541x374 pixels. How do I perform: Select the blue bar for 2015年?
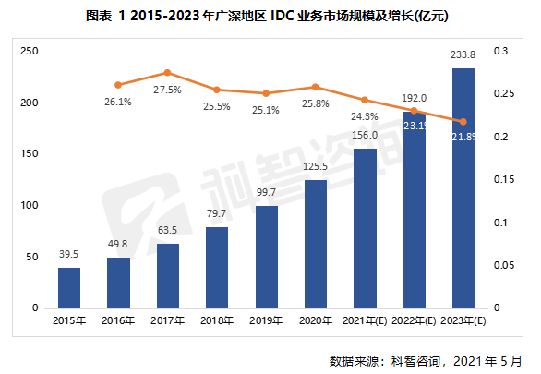coord(69,287)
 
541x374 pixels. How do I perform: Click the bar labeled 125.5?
coord(316,244)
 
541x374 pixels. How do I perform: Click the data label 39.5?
coord(69,254)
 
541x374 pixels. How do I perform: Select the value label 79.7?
coord(217,213)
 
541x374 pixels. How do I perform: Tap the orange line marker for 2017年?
coord(167,72)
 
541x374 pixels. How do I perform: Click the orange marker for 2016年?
coord(118,84)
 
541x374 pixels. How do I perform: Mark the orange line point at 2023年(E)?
coord(463,122)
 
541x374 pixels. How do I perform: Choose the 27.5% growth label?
coord(167,90)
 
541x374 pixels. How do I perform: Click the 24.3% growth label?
coord(365,116)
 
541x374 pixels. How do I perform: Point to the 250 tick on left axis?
coord(29,52)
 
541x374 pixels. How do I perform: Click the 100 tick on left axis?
coord(29,205)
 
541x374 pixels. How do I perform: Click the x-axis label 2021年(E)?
coord(365,320)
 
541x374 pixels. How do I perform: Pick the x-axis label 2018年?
coord(217,320)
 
